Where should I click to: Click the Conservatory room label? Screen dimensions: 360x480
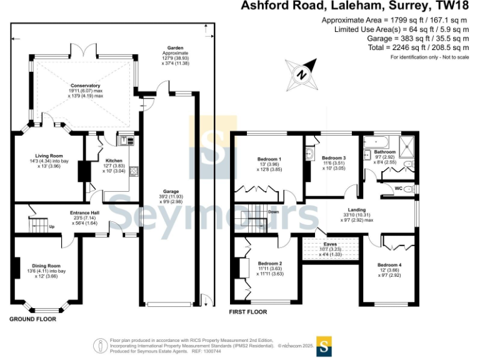tap(86, 86)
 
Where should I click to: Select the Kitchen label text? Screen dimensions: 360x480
tap(114, 160)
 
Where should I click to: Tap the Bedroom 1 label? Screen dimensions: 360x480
tap(270, 159)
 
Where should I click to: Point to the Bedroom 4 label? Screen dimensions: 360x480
tap(389, 265)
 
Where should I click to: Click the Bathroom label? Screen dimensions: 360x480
tap(385, 152)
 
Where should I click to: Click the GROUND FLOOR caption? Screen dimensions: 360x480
tap(32, 319)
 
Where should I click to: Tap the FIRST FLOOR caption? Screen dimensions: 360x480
tap(248, 311)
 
